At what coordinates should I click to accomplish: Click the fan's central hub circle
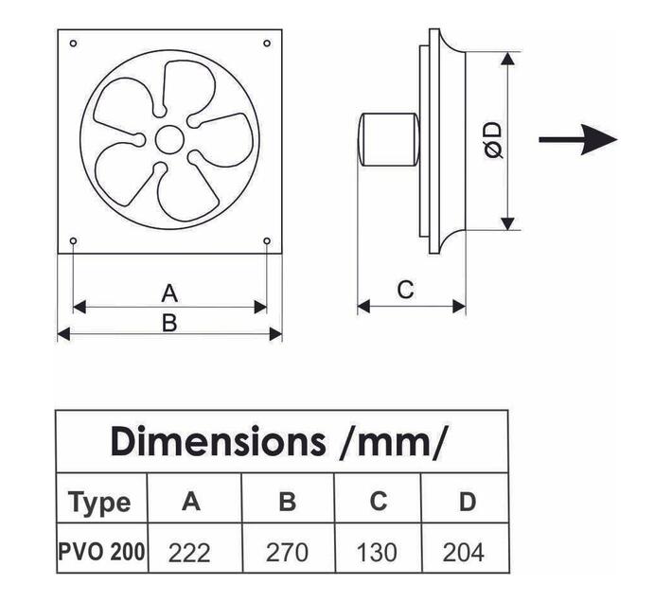[169, 140]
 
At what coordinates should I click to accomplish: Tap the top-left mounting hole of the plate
[73, 44]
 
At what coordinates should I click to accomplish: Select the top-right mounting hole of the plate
[267, 44]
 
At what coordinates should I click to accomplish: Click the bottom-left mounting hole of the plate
[73, 241]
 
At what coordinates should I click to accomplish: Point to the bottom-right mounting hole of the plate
[267, 241]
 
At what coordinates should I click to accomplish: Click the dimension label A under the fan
[169, 292]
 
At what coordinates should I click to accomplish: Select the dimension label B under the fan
[169, 323]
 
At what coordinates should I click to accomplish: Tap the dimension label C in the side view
[405, 290]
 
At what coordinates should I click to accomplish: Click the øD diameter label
[492, 140]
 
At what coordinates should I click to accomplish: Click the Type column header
[99, 501]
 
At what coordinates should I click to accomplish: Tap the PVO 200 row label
[101, 551]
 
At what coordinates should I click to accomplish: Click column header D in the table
[467, 501]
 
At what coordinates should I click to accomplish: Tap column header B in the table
[288, 501]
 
